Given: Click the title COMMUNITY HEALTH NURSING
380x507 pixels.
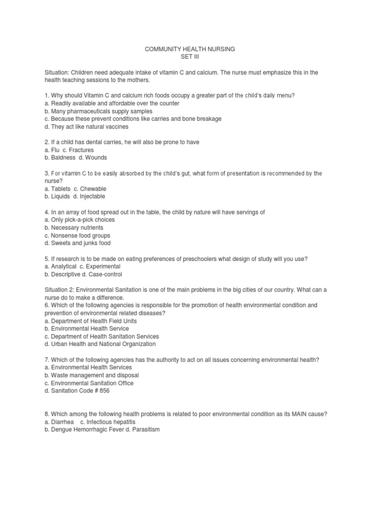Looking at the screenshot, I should point(190,49).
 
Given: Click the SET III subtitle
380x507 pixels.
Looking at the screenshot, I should point(190,57).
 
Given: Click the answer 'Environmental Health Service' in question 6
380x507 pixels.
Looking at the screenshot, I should point(89,329).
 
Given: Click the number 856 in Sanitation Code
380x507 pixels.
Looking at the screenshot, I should point(104,391).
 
